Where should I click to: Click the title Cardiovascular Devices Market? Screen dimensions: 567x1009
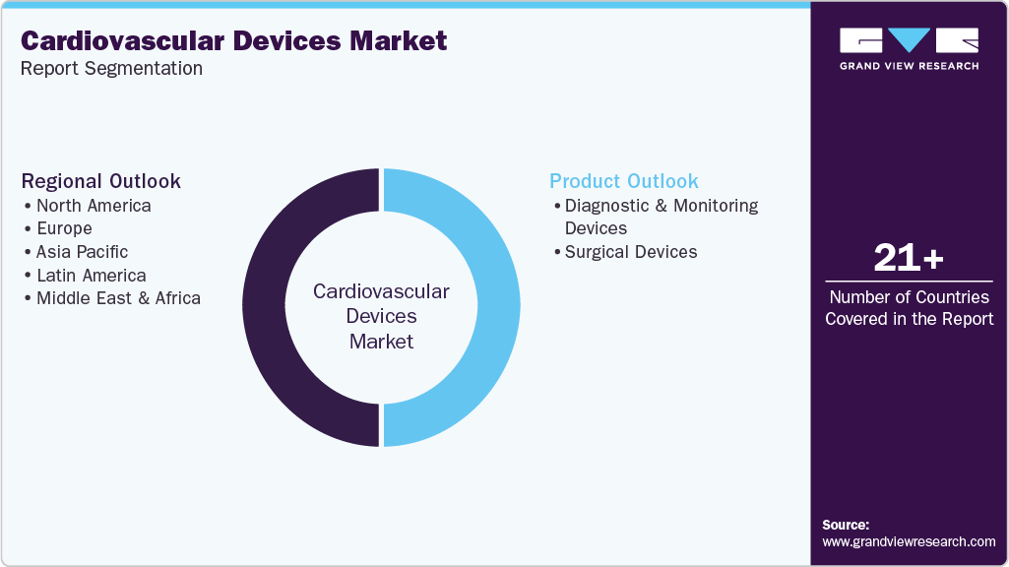click(233, 40)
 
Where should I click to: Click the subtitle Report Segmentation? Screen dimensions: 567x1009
click(111, 69)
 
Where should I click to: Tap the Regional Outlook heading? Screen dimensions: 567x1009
click(101, 181)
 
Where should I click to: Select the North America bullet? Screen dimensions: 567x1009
click(94, 206)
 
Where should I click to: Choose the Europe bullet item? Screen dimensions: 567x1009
click(64, 228)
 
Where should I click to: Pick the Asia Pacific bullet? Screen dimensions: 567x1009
click(82, 252)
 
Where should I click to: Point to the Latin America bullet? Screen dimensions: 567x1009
click(91, 276)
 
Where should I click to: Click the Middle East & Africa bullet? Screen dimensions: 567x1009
click(118, 298)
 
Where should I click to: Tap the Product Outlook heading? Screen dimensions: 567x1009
click(624, 181)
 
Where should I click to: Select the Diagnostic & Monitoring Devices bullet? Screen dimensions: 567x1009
click(661, 217)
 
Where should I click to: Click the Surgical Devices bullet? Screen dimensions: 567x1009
click(630, 252)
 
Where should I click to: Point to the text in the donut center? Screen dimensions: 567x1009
click(381, 317)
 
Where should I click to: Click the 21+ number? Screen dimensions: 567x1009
click(909, 259)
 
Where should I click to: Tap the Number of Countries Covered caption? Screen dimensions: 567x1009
click(909, 307)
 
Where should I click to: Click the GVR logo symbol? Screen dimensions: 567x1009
click(909, 40)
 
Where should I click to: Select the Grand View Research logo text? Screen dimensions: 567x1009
click(909, 66)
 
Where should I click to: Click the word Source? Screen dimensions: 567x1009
click(846, 525)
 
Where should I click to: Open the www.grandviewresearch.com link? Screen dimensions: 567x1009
click(909, 541)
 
